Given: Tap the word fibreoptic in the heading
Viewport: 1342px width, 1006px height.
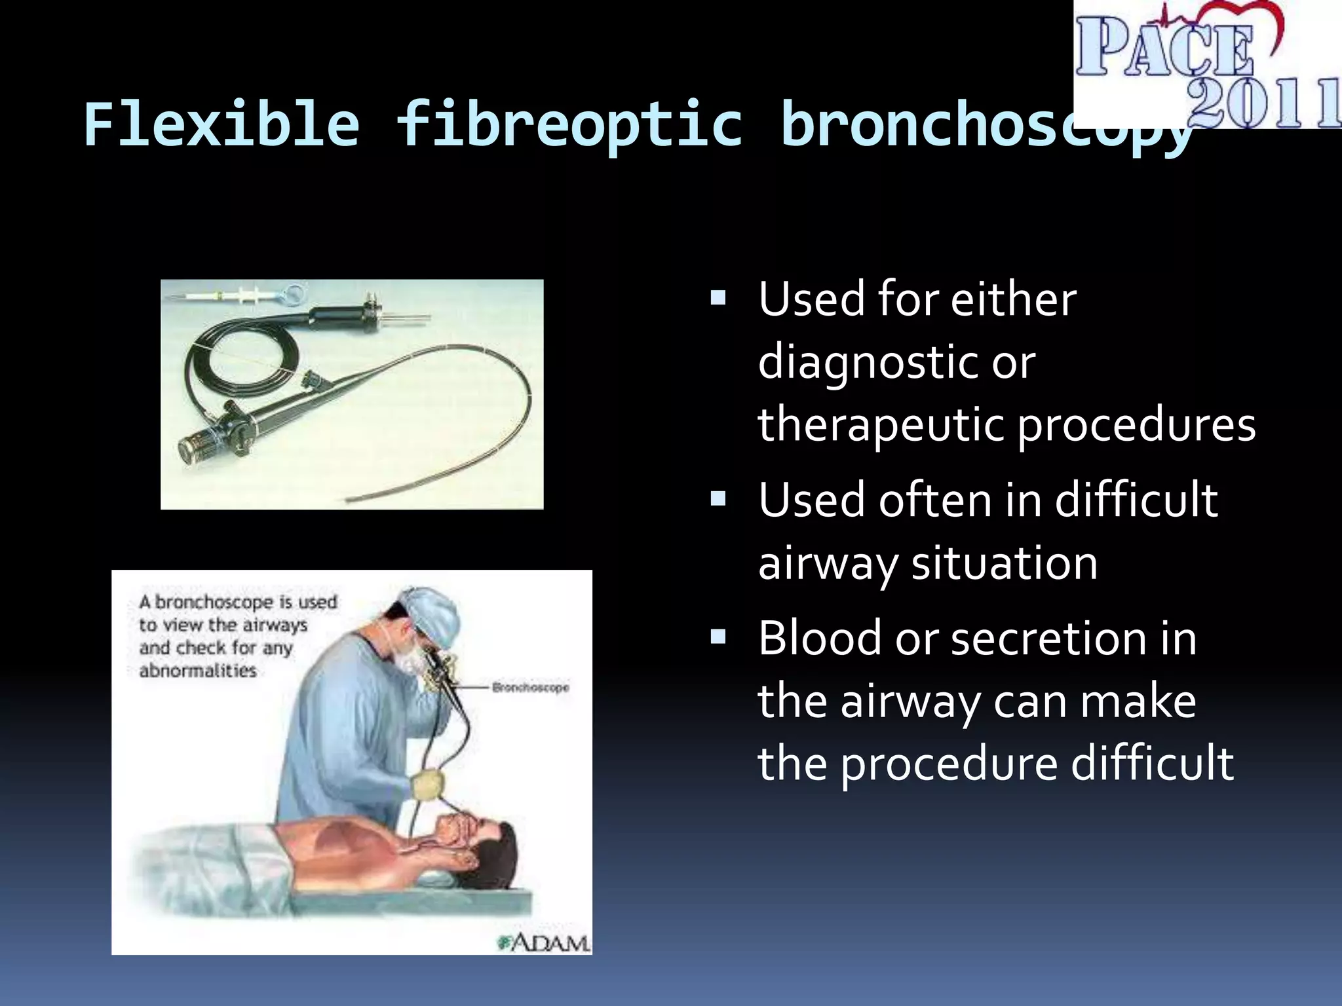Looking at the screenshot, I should pos(569,126).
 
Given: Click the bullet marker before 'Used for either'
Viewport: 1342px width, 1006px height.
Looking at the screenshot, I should pos(719,299).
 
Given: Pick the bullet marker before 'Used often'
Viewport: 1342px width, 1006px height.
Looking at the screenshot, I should pos(719,500).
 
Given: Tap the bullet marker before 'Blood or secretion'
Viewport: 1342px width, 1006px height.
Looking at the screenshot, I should pos(719,637).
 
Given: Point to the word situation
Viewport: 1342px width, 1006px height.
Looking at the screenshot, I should pos(1004,563).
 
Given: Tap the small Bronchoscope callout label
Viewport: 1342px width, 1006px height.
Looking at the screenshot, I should pos(530,688).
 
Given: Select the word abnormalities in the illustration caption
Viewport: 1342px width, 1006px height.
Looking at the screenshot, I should pos(197,671).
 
